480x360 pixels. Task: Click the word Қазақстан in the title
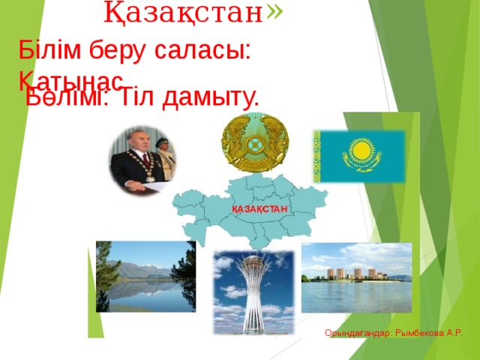pos(183,12)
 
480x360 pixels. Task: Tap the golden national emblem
pos(255,142)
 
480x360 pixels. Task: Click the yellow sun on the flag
pos(362,152)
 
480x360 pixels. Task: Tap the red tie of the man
pos(145,163)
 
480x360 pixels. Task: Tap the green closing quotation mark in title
pos(274,10)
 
